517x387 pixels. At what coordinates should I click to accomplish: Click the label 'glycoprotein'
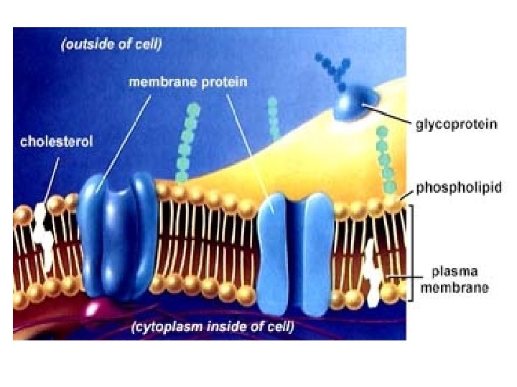click(x=457, y=125)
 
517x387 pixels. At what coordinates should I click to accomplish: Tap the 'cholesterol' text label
click(x=56, y=142)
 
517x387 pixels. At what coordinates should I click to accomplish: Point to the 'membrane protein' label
click(x=187, y=82)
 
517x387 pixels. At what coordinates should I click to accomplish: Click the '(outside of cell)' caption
click(x=111, y=44)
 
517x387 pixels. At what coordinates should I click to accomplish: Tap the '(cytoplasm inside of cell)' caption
click(x=213, y=328)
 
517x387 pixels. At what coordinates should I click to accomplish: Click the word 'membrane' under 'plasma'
click(x=460, y=288)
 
